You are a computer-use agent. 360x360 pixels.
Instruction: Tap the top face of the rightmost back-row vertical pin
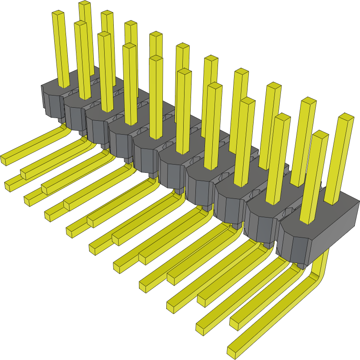coord(346,117)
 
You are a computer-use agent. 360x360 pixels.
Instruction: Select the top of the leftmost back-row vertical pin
coord(84,4)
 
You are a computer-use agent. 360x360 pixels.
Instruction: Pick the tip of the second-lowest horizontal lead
coord(201,328)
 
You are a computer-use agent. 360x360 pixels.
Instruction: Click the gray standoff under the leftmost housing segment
coord(61,120)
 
